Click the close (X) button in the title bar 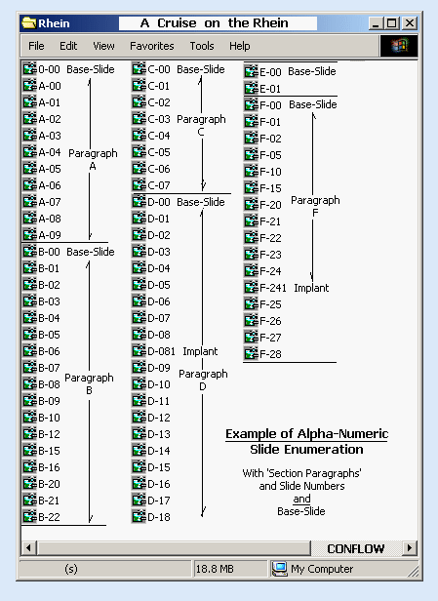click(x=410, y=23)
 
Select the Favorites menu click(x=152, y=46)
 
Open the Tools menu click(x=202, y=46)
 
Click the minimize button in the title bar click(x=376, y=23)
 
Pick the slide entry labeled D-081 click(x=153, y=351)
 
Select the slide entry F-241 click(x=264, y=288)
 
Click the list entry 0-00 click(x=41, y=69)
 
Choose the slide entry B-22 click(x=41, y=517)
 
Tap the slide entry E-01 click(x=262, y=89)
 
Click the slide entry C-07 click(x=151, y=185)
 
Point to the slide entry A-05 click(x=41, y=169)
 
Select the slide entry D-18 click(x=151, y=517)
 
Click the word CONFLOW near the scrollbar click(x=356, y=549)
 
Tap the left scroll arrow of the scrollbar click(x=28, y=548)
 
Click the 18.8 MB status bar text click(x=215, y=569)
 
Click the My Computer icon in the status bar click(x=279, y=569)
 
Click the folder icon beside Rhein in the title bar click(x=28, y=23)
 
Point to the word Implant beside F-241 click(x=311, y=288)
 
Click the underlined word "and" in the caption click(x=301, y=499)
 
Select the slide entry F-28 click(x=262, y=354)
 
